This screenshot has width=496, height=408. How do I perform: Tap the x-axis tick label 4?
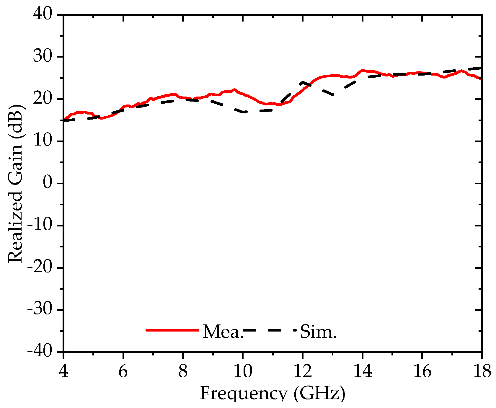tap(63, 371)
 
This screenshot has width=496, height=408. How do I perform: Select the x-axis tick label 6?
tap(123, 371)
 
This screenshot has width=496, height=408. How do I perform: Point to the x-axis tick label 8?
tap(183, 371)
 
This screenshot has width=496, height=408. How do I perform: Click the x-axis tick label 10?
tap(243, 371)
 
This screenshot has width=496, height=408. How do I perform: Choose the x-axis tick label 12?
tap(303, 371)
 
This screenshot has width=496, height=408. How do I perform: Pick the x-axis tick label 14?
tap(363, 371)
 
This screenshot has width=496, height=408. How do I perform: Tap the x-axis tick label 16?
tap(422, 371)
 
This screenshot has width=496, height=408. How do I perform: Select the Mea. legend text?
tap(223, 332)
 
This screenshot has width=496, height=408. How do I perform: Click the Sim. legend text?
tap(318, 332)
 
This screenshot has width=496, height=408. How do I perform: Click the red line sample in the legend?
tap(172, 330)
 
